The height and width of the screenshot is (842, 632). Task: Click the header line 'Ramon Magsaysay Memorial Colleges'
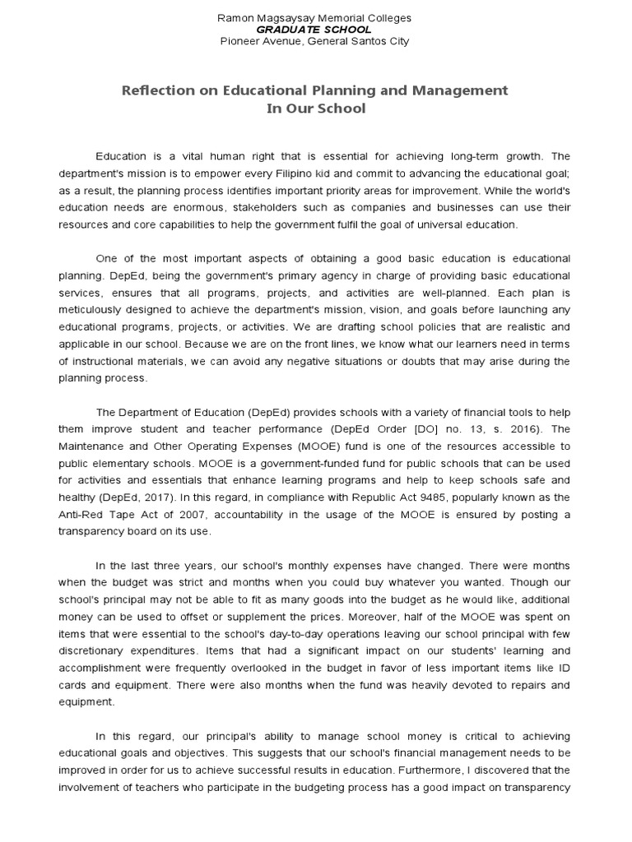(314, 17)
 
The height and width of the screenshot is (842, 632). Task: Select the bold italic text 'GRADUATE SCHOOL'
(314, 29)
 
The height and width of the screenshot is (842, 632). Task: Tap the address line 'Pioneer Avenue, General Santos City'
(314, 41)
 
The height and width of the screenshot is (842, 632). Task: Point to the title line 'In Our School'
(315, 109)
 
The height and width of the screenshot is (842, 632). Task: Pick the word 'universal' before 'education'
(434, 224)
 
